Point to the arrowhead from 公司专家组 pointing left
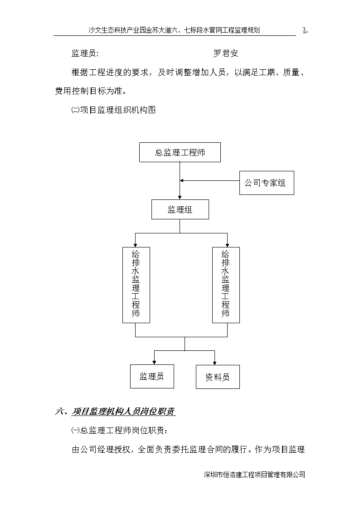coord(182,180)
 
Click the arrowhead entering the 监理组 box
coord(180,197)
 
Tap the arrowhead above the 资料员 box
coord(214,363)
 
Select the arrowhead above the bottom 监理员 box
coord(154,363)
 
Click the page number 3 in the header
coord(305,30)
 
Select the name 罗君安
coord(226,53)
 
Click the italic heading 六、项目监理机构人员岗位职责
coord(115,412)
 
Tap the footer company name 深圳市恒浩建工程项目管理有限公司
coord(254,474)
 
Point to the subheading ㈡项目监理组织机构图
coord(113,110)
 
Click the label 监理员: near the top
coord(85,53)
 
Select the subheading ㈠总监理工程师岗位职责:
coord(120,431)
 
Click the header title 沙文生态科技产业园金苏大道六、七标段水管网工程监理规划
coord(174,30)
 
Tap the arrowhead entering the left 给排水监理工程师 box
coord(136,245)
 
